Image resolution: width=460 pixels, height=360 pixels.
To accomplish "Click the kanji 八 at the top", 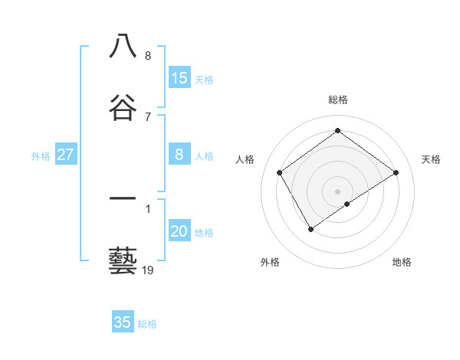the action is (x=123, y=47).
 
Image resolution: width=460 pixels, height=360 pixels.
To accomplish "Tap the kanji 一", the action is (x=123, y=201).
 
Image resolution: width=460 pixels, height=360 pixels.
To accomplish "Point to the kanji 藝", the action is (x=123, y=261).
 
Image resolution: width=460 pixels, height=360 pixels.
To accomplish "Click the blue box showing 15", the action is (x=179, y=77).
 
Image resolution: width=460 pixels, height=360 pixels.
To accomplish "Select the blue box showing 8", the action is (x=179, y=155).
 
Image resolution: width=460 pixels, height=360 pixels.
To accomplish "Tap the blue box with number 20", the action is (x=179, y=232).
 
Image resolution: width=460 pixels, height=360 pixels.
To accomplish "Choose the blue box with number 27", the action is (x=66, y=155).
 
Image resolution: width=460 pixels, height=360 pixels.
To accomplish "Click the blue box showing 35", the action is (x=123, y=322).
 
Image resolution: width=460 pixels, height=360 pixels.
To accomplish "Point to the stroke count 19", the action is (x=148, y=270).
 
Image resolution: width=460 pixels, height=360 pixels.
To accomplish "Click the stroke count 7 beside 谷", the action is (x=148, y=116).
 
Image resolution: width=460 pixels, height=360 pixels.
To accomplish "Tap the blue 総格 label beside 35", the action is (x=147, y=324).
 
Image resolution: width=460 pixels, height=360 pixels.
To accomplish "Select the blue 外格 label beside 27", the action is (x=41, y=156).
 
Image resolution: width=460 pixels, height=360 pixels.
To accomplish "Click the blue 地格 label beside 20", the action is (x=204, y=233).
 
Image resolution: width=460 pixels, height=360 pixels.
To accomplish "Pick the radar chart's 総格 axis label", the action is (x=338, y=100).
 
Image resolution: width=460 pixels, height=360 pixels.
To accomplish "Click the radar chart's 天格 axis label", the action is (x=431, y=159).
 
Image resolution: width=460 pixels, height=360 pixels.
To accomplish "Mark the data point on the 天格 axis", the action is (x=396, y=172).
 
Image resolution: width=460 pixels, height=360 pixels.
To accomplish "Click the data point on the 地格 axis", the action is (x=347, y=204).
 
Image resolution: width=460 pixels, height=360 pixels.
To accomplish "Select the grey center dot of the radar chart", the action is (x=338, y=191).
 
